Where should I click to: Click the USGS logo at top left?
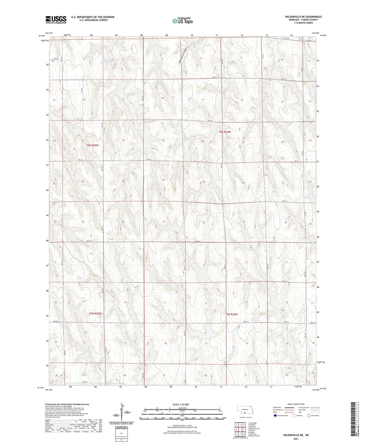click(56, 19)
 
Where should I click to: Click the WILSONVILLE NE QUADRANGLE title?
click(303, 17)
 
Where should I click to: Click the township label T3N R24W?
click(225, 132)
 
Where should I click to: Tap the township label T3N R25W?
click(92, 145)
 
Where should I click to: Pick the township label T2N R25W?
click(95, 314)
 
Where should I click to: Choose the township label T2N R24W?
click(231, 314)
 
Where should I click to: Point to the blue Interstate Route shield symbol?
click(276, 416)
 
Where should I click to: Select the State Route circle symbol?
click(309, 416)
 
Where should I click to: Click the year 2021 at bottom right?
click(296, 439)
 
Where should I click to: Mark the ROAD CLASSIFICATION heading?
click(296, 404)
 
